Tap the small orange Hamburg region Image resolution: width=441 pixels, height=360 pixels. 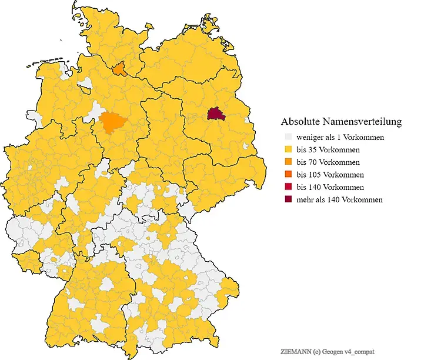[119, 70]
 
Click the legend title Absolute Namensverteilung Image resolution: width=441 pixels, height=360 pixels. [341, 122]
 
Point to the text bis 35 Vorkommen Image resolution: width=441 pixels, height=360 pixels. [328, 150]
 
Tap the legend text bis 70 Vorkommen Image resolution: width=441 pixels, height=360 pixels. [328, 162]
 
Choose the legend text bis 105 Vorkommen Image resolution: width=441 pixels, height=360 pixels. [330, 175]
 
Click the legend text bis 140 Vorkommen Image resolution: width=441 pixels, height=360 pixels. [330, 187]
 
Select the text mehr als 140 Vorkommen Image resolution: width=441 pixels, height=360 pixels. [340, 199]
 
